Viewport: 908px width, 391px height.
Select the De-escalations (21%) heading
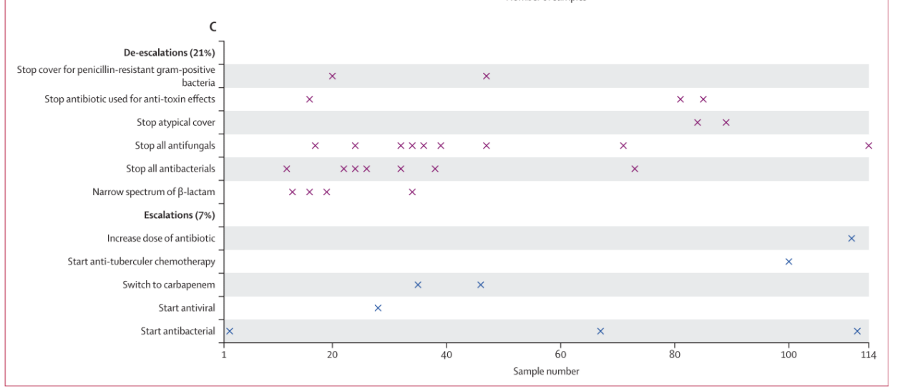pyautogui.click(x=170, y=52)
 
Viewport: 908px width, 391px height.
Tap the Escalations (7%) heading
pyautogui.click(x=180, y=215)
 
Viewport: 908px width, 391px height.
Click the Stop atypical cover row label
pyautogui.click(x=176, y=122)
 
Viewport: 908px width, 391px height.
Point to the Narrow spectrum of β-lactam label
pyautogui.click(x=154, y=192)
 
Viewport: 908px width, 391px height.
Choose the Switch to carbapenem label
pyautogui.click(x=169, y=285)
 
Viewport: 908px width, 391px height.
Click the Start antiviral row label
pyautogui.click(x=187, y=308)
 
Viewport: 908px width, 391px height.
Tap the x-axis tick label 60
pyautogui.click(x=560, y=356)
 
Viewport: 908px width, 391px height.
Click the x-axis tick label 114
pyautogui.click(x=868, y=356)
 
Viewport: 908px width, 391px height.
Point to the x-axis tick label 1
pyautogui.click(x=224, y=356)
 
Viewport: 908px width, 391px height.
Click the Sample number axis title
pyautogui.click(x=546, y=372)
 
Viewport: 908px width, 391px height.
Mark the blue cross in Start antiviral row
pyautogui.click(x=378, y=308)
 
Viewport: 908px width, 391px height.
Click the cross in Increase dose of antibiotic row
pyautogui.click(x=851, y=238)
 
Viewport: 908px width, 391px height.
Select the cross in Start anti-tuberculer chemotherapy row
pyautogui.click(x=789, y=262)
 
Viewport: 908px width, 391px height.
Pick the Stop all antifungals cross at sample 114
pyautogui.click(x=869, y=146)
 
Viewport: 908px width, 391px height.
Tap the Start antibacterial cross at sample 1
pyautogui.click(x=230, y=331)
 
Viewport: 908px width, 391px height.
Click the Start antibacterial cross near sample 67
pyautogui.click(x=600, y=331)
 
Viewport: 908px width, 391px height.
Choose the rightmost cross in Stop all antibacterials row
pyautogui.click(x=635, y=169)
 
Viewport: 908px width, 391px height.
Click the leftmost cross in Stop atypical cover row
pyautogui.click(x=698, y=122)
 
